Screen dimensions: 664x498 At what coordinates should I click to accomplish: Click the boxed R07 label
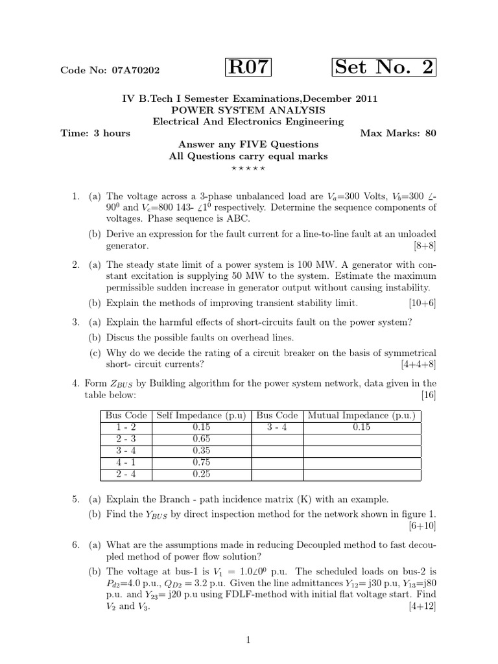pyautogui.click(x=248, y=67)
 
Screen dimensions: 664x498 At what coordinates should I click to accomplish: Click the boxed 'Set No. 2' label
pyautogui.click(x=384, y=67)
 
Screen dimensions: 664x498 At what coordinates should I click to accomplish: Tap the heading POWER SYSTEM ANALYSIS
pyautogui.click(x=249, y=110)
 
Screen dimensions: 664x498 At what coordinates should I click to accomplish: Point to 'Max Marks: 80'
pyautogui.click(x=397, y=134)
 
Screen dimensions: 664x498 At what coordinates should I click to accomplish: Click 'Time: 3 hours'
pyautogui.click(x=95, y=134)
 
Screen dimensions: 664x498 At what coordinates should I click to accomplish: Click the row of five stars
pyautogui.click(x=248, y=169)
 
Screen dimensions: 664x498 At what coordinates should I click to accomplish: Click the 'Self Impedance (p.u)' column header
pyautogui.click(x=202, y=416)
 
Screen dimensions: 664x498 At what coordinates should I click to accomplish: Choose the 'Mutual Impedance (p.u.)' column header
pyautogui.click(x=361, y=416)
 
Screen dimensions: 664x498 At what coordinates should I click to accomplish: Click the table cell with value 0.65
pyautogui.click(x=202, y=439)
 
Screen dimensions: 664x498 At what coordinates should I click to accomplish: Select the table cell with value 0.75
pyautogui.click(x=202, y=462)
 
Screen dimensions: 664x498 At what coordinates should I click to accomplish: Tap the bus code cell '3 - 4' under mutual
pyautogui.click(x=277, y=427)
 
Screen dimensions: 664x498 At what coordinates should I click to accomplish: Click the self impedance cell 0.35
pyautogui.click(x=202, y=451)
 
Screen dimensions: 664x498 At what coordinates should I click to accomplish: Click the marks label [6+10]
pyautogui.click(x=422, y=526)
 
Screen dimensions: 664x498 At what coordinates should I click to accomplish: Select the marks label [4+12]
pyautogui.click(x=422, y=606)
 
